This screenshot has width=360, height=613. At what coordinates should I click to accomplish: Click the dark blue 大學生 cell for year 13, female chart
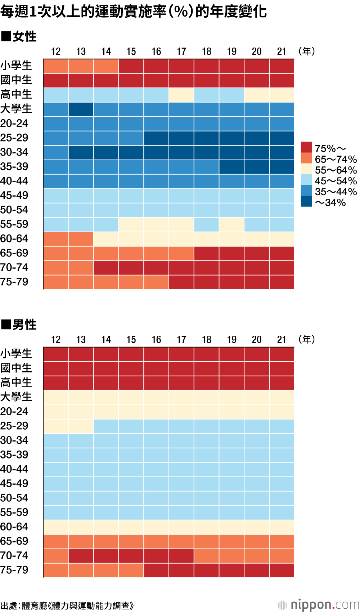click(x=81, y=109)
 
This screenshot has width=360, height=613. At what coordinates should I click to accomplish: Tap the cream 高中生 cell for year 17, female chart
click(x=181, y=95)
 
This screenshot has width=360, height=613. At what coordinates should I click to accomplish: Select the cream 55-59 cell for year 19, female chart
click(x=232, y=224)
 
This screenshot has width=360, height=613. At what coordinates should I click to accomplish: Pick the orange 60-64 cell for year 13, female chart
click(x=81, y=239)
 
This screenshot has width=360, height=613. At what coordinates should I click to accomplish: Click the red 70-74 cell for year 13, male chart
click(x=81, y=556)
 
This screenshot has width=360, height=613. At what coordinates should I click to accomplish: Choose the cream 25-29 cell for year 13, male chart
click(x=81, y=426)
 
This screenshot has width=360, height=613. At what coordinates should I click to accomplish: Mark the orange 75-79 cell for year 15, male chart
click(x=131, y=570)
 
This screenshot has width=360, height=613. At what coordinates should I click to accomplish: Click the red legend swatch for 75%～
click(x=306, y=147)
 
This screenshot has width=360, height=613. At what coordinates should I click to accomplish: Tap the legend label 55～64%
click(x=336, y=170)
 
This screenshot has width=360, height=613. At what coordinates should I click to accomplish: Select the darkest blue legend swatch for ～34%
click(x=306, y=201)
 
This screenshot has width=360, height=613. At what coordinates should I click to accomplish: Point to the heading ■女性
click(x=19, y=36)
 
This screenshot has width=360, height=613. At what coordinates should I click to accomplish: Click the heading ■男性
click(x=19, y=325)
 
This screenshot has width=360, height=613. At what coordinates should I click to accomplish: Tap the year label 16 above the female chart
click(x=156, y=52)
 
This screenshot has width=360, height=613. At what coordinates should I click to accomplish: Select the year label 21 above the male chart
click(x=282, y=340)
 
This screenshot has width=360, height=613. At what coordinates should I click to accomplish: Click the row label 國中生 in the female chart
click(x=16, y=80)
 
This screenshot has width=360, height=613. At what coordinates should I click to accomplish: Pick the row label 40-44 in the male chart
click(x=14, y=469)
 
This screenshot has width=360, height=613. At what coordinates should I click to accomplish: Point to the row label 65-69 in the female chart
click(x=14, y=253)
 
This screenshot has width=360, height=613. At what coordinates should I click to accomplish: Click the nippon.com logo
click(x=319, y=605)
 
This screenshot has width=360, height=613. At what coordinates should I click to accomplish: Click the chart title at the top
click(x=134, y=12)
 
